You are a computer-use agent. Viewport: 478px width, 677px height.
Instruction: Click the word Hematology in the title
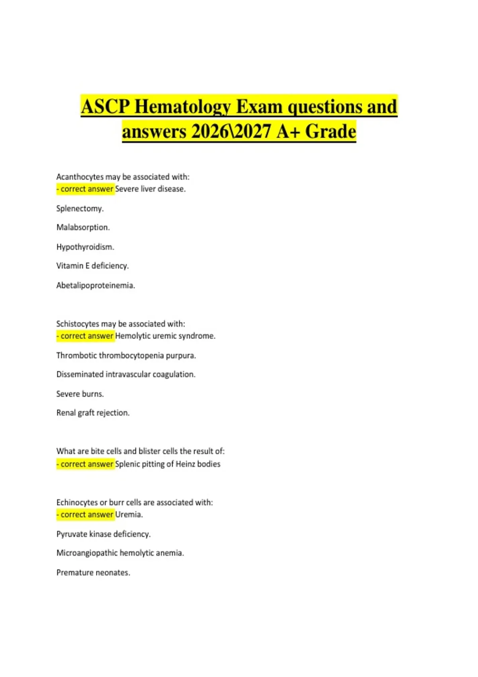click(x=183, y=107)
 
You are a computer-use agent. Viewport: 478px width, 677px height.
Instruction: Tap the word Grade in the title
click(x=330, y=132)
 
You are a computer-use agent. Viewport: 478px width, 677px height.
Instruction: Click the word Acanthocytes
click(x=80, y=177)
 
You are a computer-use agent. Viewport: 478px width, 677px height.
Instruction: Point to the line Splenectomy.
click(x=80, y=209)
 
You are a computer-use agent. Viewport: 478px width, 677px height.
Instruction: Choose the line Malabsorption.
click(x=83, y=227)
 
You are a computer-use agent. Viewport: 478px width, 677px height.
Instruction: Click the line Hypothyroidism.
click(x=85, y=247)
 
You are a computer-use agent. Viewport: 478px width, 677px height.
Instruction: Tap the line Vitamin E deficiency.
click(x=92, y=266)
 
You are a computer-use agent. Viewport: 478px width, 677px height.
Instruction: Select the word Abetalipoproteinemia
click(x=96, y=286)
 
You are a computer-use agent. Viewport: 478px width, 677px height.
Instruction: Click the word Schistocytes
click(x=78, y=324)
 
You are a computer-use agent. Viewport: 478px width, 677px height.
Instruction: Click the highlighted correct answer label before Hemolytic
click(x=85, y=336)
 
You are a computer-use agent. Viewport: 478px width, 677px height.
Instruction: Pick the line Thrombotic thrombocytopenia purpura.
click(x=126, y=356)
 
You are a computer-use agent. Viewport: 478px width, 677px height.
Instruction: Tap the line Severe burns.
click(x=80, y=394)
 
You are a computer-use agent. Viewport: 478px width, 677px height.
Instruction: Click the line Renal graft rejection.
click(x=93, y=413)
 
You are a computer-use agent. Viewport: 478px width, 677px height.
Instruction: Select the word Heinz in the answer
click(x=186, y=464)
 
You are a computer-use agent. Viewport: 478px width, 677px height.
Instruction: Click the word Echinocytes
click(x=77, y=503)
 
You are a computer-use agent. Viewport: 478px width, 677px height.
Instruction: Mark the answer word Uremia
click(x=128, y=515)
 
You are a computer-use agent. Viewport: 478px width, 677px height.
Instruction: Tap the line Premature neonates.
click(x=93, y=573)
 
